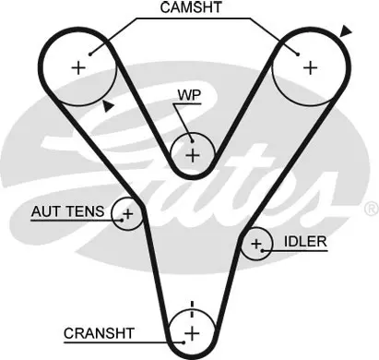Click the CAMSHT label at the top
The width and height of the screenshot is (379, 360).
coord(191,7)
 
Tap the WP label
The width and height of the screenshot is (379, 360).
coord(189,95)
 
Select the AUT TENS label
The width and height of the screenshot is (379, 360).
coord(67,211)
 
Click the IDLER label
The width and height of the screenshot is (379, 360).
coord(305,242)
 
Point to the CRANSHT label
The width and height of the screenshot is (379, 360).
coord(99,333)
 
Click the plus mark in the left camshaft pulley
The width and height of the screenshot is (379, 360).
coord(78,67)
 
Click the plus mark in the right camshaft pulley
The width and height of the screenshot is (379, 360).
coord(310,67)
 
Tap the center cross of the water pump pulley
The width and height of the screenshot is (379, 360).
coord(193,155)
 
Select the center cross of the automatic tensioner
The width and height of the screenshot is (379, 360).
coord(128,213)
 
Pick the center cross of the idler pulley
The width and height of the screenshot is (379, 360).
coord(256,244)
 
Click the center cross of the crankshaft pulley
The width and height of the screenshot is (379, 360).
coord(193,333)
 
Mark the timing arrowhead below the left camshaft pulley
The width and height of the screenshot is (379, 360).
coord(108,106)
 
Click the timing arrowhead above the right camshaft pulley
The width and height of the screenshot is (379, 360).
coord(346,31)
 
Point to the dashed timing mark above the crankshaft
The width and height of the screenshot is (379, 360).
coord(192,310)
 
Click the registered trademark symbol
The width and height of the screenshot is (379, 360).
coord(371,210)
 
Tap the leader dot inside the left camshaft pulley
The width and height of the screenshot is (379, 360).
coord(90,54)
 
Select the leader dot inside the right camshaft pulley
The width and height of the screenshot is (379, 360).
coord(298,54)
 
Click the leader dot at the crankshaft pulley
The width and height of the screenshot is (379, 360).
coord(184,342)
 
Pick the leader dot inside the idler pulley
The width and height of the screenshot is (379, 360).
coord(262,251)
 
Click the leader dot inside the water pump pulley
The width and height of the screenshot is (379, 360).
coord(192,141)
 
